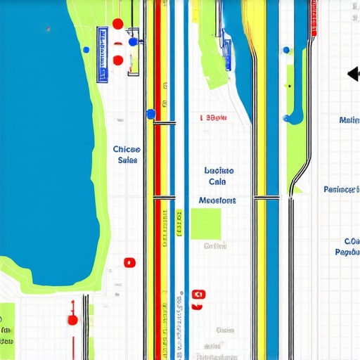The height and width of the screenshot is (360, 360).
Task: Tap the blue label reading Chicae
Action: (x=127, y=149)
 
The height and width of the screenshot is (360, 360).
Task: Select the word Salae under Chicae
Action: (x=127, y=160)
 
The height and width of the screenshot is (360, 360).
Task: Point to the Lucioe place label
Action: (x=219, y=170)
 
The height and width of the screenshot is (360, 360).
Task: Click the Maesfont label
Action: (x=217, y=200)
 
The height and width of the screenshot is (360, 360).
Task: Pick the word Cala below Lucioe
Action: (x=217, y=182)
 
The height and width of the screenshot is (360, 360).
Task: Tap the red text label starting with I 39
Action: (x=213, y=118)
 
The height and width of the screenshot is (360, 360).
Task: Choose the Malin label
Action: (x=349, y=120)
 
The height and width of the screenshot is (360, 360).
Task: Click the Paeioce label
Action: (x=342, y=189)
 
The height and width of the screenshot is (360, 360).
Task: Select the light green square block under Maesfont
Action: (x=205, y=224)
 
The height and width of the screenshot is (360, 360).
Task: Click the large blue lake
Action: (x=42, y=141)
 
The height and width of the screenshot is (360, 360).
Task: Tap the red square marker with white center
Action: (x=129, y=263)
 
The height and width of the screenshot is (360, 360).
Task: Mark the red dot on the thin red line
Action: (x=72, y=320)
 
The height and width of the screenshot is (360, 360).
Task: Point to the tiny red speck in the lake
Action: (x=48, y=30)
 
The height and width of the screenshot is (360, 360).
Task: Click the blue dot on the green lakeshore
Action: (x=86, y=50)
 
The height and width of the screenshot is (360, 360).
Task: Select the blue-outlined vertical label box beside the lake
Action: (x=103, y=55)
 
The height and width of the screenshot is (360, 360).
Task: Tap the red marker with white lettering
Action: (x=197, y=295)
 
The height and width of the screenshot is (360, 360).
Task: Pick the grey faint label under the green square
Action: (x=214, y=246)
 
